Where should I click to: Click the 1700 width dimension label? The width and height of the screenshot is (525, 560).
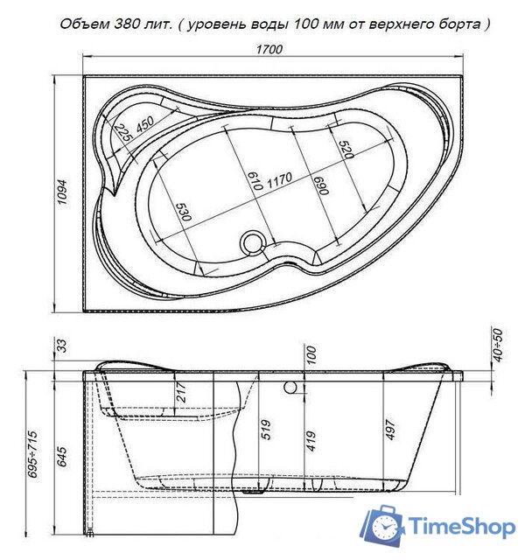coord(270,49)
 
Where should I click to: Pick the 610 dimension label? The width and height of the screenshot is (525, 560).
coord(255,180)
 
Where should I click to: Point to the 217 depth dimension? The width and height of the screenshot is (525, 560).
coord(182,392)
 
